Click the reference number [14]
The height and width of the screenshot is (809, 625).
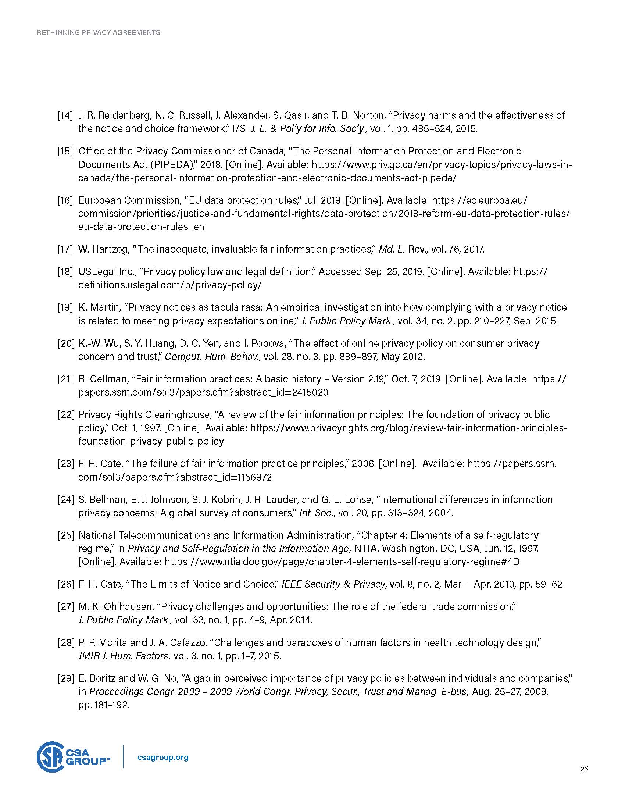[65, 115]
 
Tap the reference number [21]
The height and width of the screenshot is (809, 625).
[65, 379]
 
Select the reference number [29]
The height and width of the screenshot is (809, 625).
[65, 678]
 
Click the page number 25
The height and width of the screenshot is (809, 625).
[584, 769]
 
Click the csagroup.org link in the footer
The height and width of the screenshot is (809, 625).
[162, 758]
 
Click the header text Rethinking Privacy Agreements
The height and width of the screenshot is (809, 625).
[99, 33]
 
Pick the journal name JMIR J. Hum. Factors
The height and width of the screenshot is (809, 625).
[124, 656]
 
